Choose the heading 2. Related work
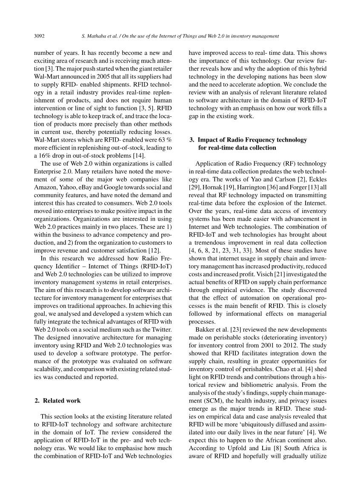(x=57, y=400)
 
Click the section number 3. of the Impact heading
(x=192, y=140)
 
